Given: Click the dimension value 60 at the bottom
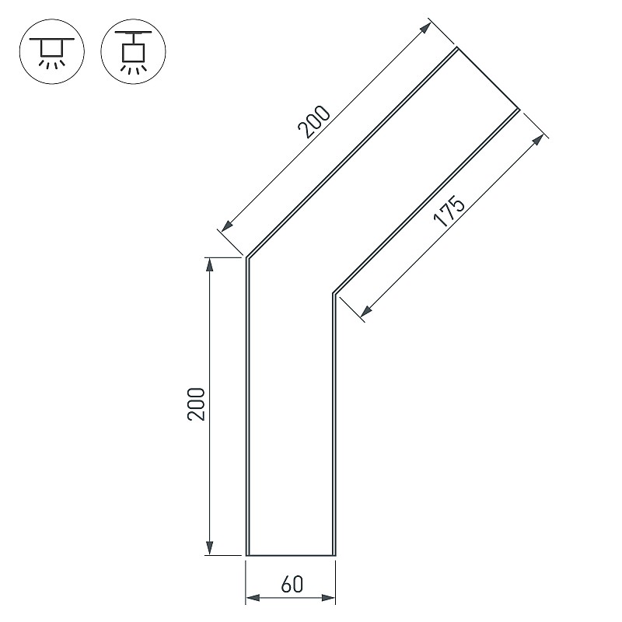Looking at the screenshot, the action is (x=292, y=585).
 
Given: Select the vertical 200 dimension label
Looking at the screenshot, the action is (x=197, y=404).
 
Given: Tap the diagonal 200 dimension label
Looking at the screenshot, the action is (x=314, y=122).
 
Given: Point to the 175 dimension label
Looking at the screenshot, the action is (x=449, y=210).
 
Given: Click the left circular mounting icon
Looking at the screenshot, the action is (x=52, y=51).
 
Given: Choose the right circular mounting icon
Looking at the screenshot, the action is (x=133, y=51).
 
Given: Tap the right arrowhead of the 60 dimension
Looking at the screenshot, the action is (x=328, y=598).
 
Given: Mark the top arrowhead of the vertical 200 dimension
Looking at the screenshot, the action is (x=210, y=264).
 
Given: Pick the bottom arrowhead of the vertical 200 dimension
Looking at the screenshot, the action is (x=210, y=548).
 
